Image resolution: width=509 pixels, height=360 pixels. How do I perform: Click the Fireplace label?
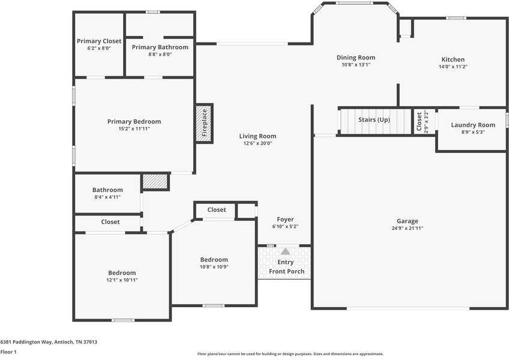tap(204, 123)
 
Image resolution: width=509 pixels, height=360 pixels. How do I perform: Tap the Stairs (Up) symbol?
tap(375, 120)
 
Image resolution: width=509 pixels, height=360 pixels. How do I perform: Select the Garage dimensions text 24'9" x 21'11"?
tap(407, 228)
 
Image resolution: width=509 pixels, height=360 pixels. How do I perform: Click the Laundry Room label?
tap(474, 125)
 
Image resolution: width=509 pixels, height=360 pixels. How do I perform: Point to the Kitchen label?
tap(453, 59)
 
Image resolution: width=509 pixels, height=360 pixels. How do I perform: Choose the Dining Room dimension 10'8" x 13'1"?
tap(356, 65)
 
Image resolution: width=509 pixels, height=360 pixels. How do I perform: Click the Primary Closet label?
tap(99, 41)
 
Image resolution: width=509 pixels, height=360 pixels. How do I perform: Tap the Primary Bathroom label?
tap(160, 47)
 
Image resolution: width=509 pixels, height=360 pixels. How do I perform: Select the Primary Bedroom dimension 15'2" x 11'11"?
tap(134, 128)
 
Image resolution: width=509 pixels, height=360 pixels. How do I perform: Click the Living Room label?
tap(258, 136)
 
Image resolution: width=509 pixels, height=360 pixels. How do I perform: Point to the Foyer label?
tap(285, 219)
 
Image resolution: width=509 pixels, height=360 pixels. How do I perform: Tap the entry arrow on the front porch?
tap(285, 251)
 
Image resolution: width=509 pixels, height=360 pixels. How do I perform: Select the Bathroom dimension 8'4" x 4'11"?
tap(107, 197)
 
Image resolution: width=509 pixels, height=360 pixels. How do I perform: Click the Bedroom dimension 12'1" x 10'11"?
tap(122, 280)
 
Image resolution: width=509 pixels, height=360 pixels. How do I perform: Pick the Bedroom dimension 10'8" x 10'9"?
tap(214, 266)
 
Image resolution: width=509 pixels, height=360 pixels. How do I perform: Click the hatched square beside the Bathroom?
tap(155, 182)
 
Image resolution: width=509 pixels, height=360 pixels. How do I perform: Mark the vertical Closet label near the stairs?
tap(419, 122)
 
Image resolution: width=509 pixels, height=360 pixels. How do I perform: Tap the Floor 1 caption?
tap(8, 352)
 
